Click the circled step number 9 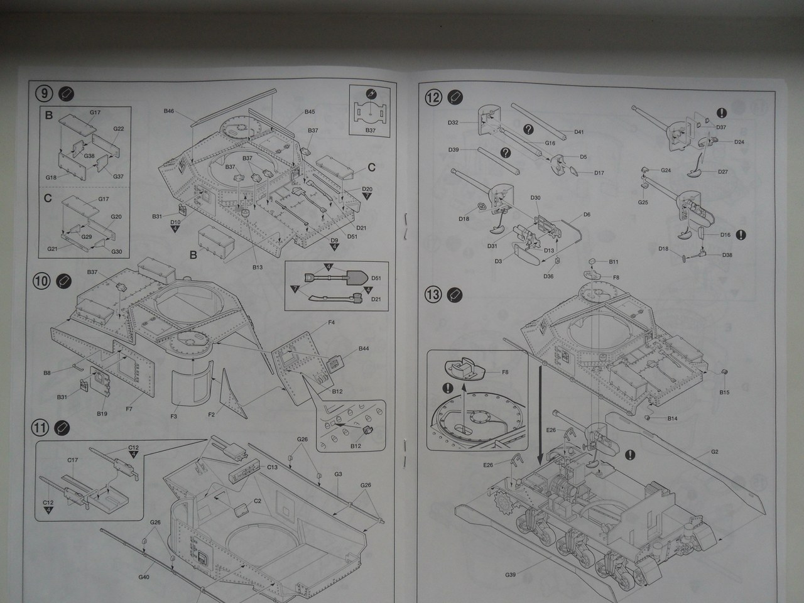coord(43,94)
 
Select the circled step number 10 coord(41,281)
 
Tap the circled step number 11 coord(40,428)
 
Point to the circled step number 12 coord(433,97)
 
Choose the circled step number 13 coord(433,293)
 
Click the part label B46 coord(168,111)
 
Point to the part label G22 coord(118,129)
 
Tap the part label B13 coord(258,267)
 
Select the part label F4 coord(331,323)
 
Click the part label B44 coord(364,348)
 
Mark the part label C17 coord(73,460)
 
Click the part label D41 coord(579,132)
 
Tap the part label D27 coord(722,171)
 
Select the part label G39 coord(509,574)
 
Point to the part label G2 coord(715,452)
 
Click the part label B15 coord(724,393)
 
